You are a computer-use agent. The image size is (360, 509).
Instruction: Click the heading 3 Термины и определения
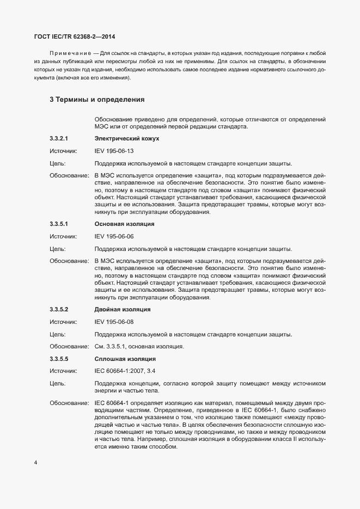click(97, 100)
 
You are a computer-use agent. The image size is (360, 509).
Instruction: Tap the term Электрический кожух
click(127, 139)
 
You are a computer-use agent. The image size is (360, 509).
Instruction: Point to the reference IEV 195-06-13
click(114, 151)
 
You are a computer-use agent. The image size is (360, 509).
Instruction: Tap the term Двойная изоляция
click(123, 309)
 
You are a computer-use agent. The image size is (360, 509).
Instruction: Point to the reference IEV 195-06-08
click(114, 322)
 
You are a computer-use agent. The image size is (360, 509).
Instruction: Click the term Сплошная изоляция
click(125, 359)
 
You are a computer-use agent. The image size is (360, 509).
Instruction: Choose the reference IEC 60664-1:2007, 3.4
click(125, 371)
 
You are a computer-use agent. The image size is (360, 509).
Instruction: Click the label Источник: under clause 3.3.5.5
click(63, 371)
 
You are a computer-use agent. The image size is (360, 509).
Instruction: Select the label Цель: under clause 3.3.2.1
click(57, 163)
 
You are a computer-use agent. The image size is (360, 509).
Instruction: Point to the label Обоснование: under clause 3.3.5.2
click(69, 346)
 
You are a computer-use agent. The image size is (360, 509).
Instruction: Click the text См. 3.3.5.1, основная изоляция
click(139, 346)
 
